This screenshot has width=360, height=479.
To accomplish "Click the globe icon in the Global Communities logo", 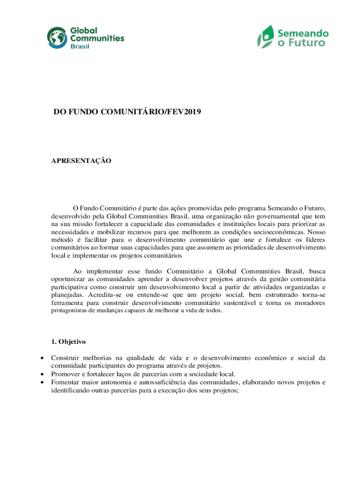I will coord(57,38).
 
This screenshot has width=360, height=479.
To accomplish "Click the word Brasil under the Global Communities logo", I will coord(79,46).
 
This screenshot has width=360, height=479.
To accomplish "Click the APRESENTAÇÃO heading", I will coord(81,161).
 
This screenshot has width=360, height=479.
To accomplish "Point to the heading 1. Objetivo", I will coord(68,342).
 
